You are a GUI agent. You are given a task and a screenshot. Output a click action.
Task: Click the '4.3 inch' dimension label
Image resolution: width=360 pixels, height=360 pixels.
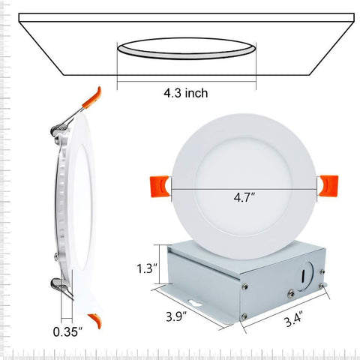(x=185, y=93)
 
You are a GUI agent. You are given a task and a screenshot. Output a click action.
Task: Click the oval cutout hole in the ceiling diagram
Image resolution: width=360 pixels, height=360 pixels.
(x=185, y=49)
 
